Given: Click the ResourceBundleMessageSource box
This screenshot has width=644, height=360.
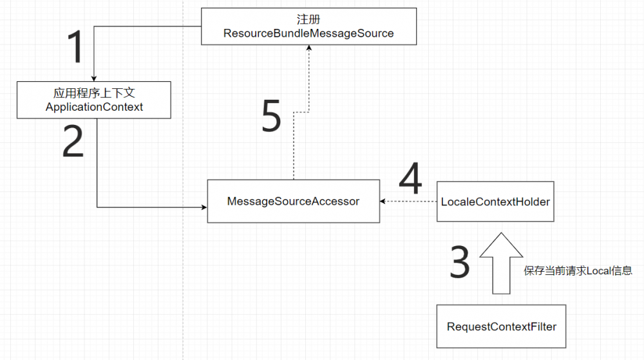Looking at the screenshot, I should tap(308, 26).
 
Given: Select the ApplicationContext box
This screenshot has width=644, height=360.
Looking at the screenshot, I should tap(94, 100).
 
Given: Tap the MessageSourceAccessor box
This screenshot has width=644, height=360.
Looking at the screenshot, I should tap(293, 202).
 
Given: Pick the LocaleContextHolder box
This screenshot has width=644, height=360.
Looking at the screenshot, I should tap(495, 202).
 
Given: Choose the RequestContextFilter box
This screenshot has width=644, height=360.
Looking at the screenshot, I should tap(501, 327).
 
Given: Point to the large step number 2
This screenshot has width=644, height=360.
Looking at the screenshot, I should tap(73, 142).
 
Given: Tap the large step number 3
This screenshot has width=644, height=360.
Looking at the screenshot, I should tap(460, 261).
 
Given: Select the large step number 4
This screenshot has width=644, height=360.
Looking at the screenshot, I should tap(410, 178).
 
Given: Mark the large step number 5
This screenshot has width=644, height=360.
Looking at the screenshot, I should tap(272, 117).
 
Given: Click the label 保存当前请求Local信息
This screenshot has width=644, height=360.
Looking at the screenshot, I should tap(578, 271).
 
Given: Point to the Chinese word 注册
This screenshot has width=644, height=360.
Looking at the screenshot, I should tap(308, 19).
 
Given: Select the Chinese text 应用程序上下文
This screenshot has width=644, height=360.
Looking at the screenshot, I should tap(94, 93).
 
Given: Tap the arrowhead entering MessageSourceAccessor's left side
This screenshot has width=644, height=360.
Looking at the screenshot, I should tap(204, 207).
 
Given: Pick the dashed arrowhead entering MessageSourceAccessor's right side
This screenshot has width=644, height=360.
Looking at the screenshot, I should tap(383, 202).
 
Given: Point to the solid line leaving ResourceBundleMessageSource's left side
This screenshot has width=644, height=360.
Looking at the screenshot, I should tap(148, 27).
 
